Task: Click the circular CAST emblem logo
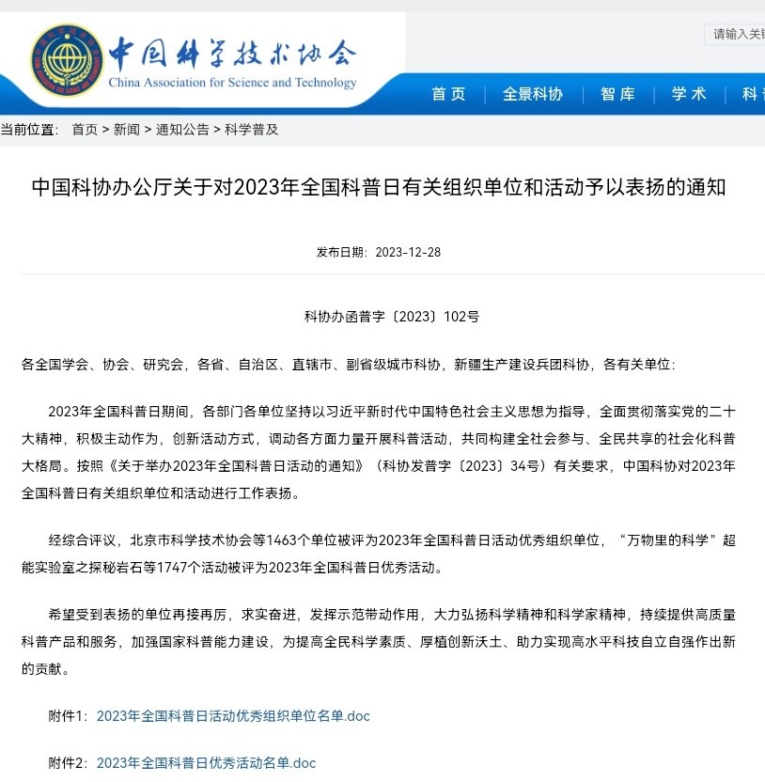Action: pyautogui.click(x=68, y=60)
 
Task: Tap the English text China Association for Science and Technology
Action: pyautogui.click(x=232, y=83)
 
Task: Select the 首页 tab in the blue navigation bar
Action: pyautogui.click(x=448, y=94)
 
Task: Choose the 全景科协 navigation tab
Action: pyautogui.click(x=533, y=94)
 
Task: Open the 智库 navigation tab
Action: pyautogui.click(x=617, y=94)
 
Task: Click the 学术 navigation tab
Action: pyautogui.click(x=689, y=94)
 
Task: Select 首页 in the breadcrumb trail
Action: pyautogui.click(x=85, y=130)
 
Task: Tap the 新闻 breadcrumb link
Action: pyautogui.click(x=126, y=130)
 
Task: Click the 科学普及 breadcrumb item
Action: pyautogui.click(x=251, y=130)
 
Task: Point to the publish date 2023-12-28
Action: pyautogui.click(x=408, y=252)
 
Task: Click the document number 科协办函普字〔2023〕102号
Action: pyautogui.click(x=392, y=317)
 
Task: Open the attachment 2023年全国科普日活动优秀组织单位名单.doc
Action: pyautogui.click(x=233, y=716)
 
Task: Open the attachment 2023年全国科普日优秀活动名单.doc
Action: pyautogui.click(x=206, y=763)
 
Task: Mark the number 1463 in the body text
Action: pyautogui.click(x=283, y=540)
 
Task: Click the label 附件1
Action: pyautogui.click(x=68, y=716)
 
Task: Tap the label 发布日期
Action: pyautogui.click(x=342, y=252)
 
